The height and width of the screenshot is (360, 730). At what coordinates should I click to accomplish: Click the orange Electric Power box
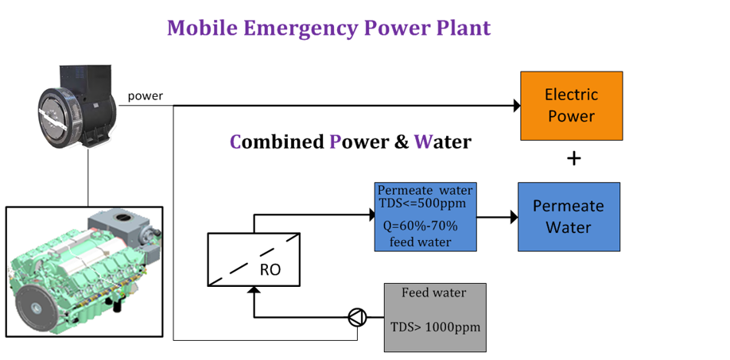(x=571, y=106)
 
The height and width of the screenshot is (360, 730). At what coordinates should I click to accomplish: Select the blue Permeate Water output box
(x=569, y=217)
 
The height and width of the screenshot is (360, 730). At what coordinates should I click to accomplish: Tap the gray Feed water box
(x=435, y=317)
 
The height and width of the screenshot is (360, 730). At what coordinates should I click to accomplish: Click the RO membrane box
(x=254, y=260)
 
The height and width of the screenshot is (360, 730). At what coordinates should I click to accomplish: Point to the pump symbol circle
(x=358, y=318)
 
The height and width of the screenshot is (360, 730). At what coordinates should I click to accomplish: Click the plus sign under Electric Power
(x=574, y=159)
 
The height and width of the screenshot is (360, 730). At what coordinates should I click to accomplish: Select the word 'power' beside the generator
(x=146, y=96)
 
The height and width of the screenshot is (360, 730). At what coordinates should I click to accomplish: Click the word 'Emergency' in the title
(x=301, y=29)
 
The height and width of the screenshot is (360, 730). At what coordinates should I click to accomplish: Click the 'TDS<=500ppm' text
(x=423, y=203)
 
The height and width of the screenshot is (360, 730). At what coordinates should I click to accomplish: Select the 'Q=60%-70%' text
(x=421, y=227)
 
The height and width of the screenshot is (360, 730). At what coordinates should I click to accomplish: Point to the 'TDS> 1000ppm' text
(x=435, y=327)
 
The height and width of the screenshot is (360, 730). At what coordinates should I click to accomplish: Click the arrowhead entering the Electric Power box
(x=517, y=106)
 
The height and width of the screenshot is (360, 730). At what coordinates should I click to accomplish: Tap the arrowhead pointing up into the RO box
(x=254, y=290)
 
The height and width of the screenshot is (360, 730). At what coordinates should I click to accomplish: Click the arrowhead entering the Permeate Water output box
(x=514, y=217)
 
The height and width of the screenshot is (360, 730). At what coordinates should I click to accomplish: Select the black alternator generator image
(x=77, y=106)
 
